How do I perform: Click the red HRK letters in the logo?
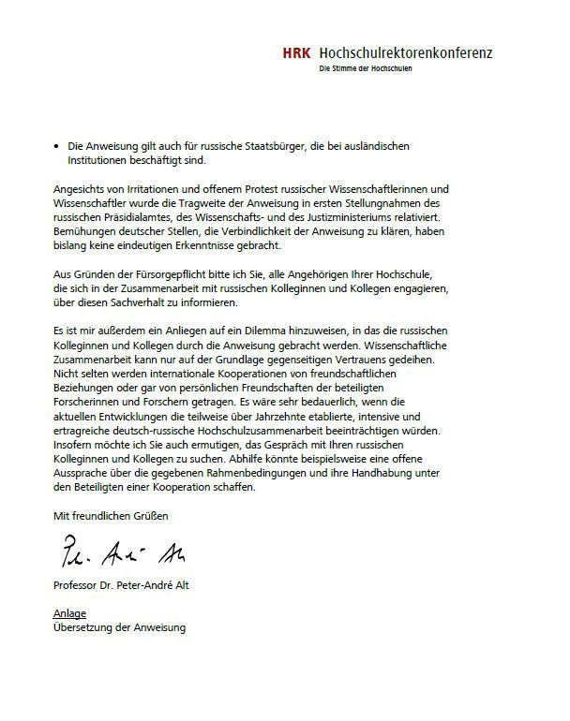pos(298,54)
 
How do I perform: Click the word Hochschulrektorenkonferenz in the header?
pos(405,54)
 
